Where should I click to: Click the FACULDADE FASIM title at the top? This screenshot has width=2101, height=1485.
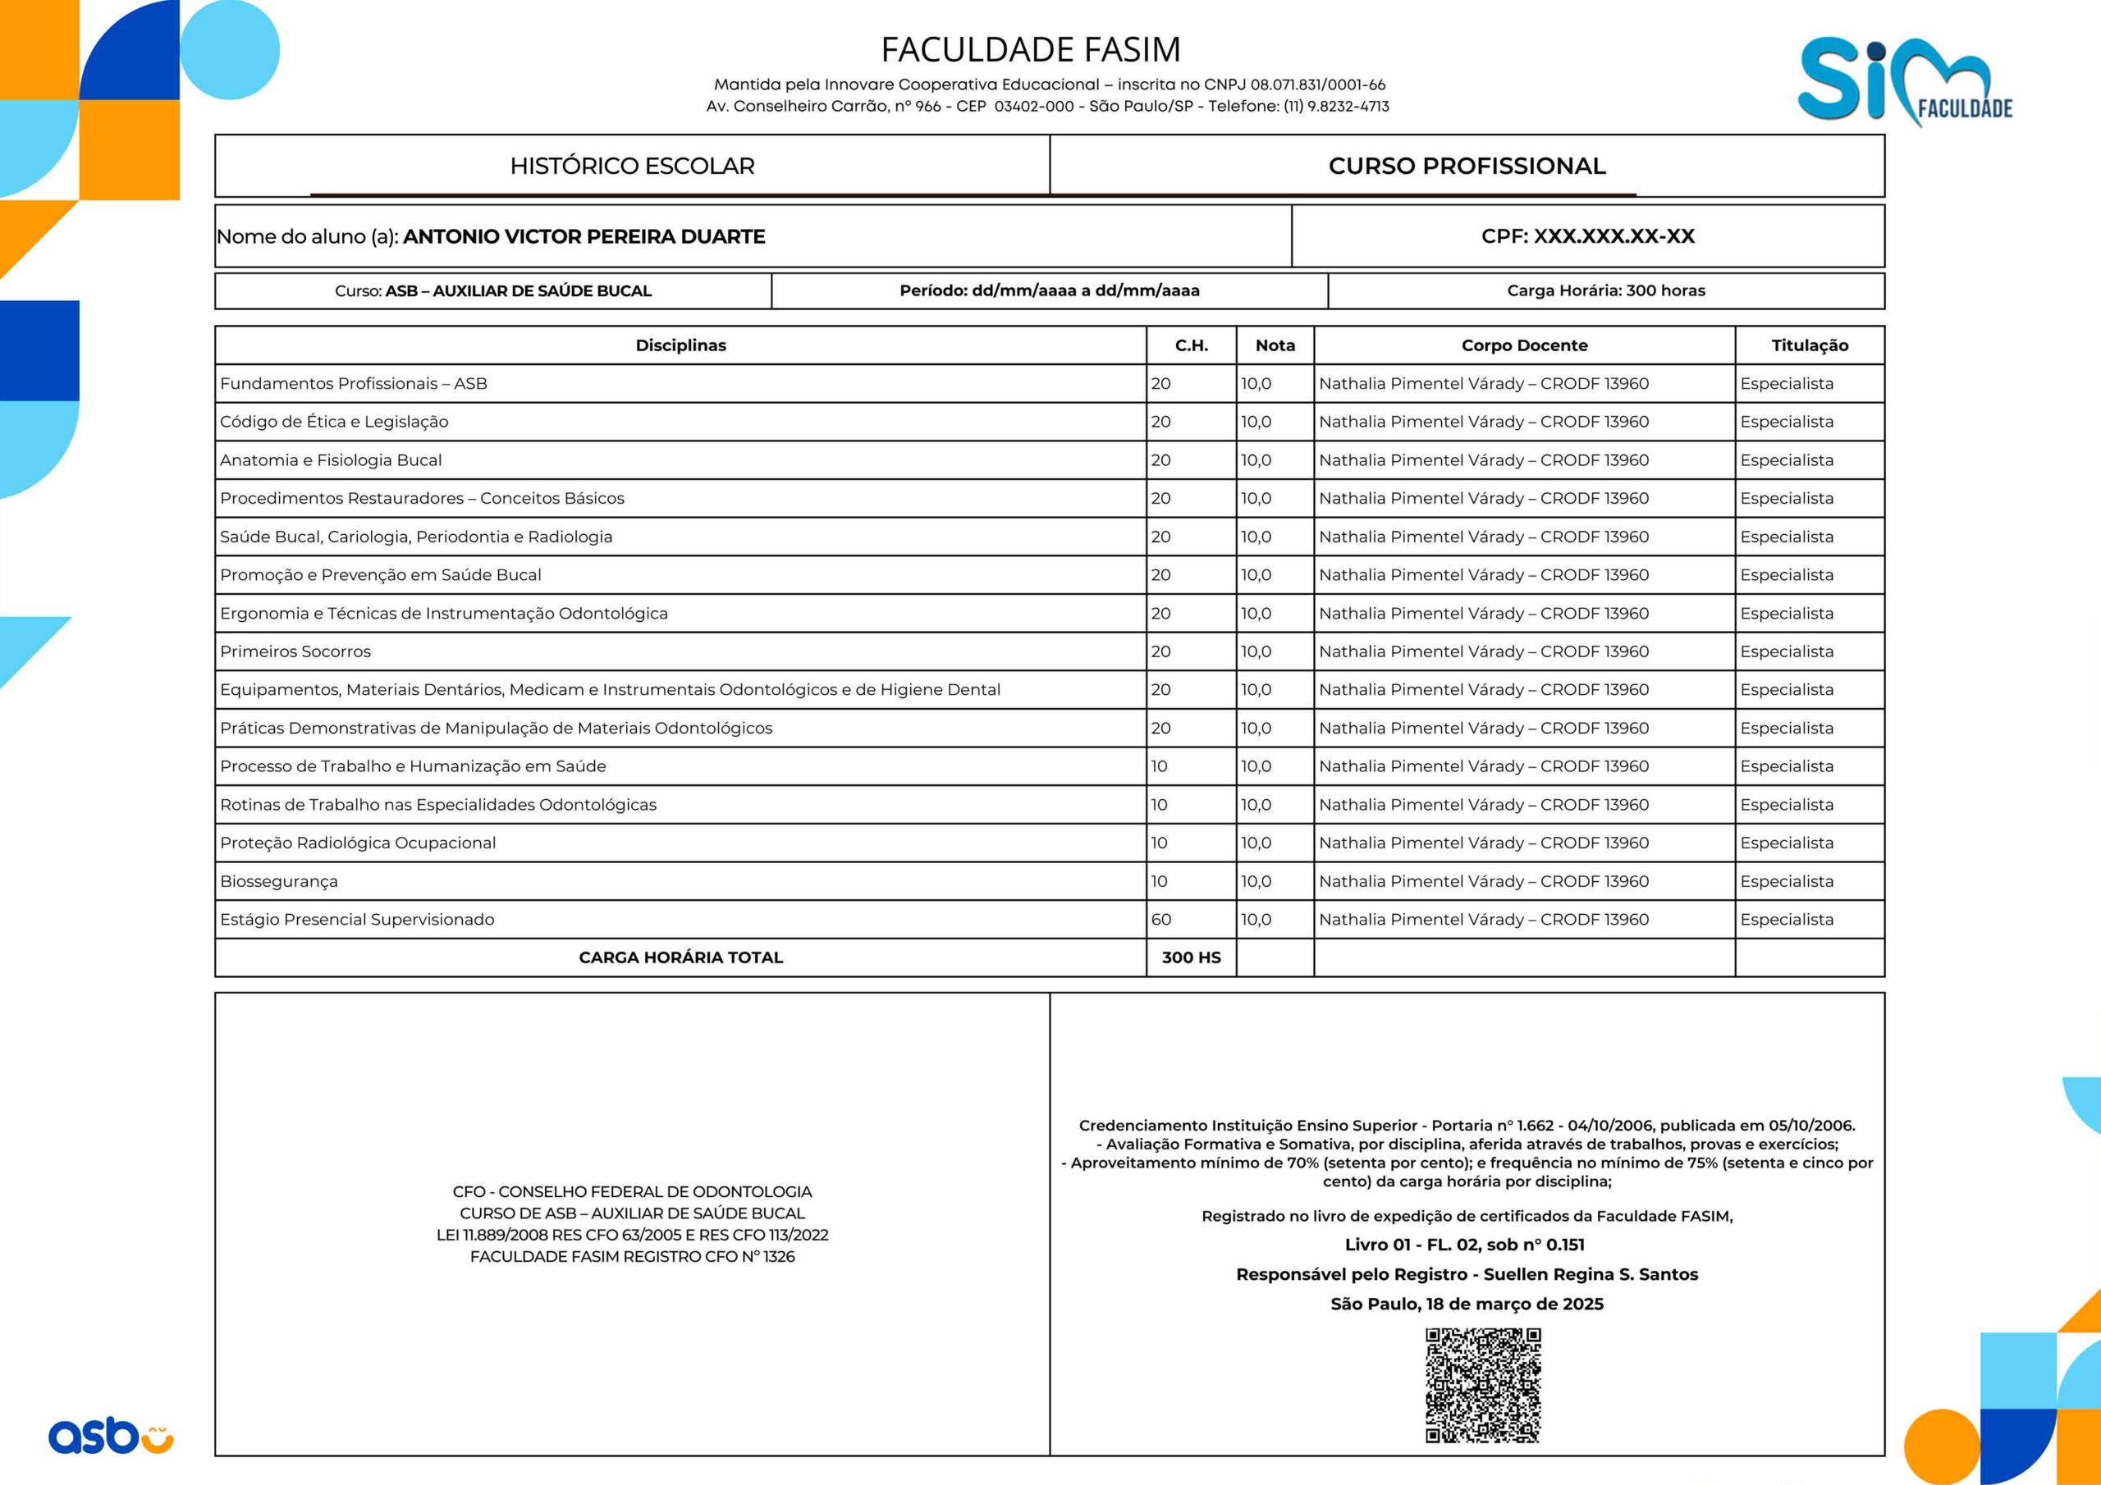pyautogui.click(x=1030, y=49)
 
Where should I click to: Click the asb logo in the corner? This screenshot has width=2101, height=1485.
pyautogui.click(x=111, y=1435)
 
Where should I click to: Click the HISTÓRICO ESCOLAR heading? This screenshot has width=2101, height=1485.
pyautogui.click(x=632, y=167)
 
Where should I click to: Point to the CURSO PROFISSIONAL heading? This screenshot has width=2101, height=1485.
pyautogui.click(x=1467, y=167)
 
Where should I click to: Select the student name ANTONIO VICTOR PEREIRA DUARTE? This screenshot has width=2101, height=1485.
pyautogui.click(x=584, y=237)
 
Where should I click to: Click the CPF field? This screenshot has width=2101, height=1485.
pyautogui.click(x=1587, y=236)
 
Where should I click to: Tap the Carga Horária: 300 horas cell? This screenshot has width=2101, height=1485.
pyautogui.click(x=1606, y=291)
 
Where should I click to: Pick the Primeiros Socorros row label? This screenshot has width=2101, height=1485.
pyautogui.click(x=295, y=651)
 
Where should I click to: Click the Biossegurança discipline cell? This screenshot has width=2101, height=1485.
pyautogui.click(x=279, y=881)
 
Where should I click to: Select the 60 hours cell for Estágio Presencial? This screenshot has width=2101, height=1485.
pyautogui.click(x=1161, y=920)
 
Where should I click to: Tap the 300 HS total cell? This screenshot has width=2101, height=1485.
pyautogui.click(x=1191, y=958)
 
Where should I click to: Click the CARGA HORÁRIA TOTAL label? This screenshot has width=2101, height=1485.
pyautogui.click(x=681, y=958)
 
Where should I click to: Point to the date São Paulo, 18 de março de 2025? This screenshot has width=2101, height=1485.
pyautogui.click(x=1467, y=1304)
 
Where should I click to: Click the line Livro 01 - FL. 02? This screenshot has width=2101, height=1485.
pyautogui.click(x=1464, y=1245)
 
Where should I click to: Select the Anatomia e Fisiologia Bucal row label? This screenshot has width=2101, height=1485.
pyautogui.click(x=331, y=460)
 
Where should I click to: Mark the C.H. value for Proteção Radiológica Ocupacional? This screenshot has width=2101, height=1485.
pyautogui.click(x=1160, y=843)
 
